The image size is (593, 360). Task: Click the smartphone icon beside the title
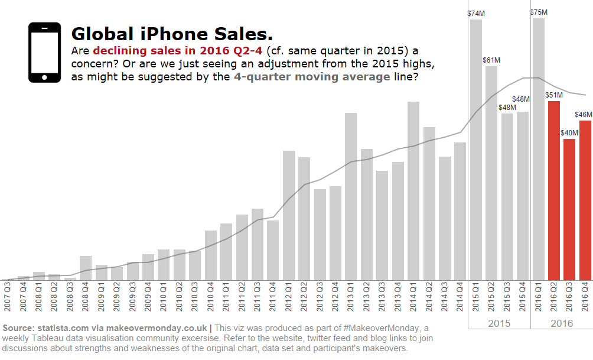point(44,52)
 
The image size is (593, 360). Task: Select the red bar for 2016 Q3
point(569,209)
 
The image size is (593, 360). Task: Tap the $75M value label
point(539,12)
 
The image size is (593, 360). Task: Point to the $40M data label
point(569,133)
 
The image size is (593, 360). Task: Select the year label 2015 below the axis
point(499,323)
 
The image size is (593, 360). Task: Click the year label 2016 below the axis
point(562,323)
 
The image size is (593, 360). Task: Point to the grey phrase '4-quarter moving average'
point(311,77)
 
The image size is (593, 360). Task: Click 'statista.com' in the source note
point(62,327)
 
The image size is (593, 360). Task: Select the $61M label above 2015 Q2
point(491,60)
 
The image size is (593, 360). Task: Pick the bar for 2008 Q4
point(86,268)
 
